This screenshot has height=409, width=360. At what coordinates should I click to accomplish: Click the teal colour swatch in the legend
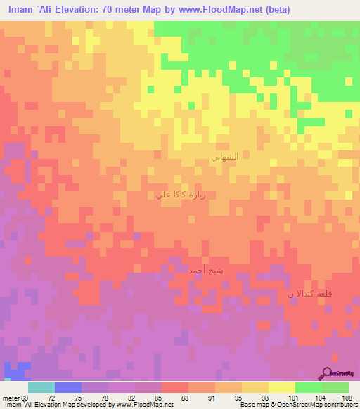(41, 387)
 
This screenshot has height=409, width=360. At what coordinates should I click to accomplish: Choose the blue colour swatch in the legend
(67, 387)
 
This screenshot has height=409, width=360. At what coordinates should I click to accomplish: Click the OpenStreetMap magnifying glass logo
(327, 372)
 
